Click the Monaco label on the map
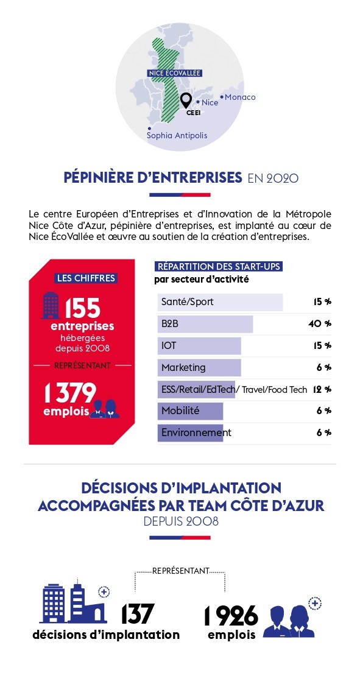pos(240,97)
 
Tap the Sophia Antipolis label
pos(177,136)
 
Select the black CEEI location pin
pos(186,101)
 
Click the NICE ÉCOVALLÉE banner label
pos(175,73)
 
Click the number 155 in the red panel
pos(83,308)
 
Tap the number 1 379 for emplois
pos(69,393)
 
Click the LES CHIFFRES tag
pos(86,278)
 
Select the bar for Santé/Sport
pos(220,302)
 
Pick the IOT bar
pos(199,345)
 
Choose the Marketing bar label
pos(183,367)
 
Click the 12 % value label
pos(322,389)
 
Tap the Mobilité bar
pos(190,411)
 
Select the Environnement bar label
pos(196,432)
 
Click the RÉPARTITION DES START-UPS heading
pos(219,267)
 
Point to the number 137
pos(138,614)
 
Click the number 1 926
pos(231,616)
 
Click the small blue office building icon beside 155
pos(51,305)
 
